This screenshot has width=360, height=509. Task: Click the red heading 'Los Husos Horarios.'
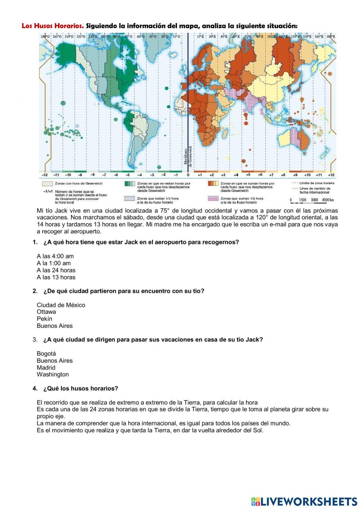pyautogui.click(x=53, y=26)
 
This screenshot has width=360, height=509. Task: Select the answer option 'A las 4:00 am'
pyautogui.click(x=55, y=256)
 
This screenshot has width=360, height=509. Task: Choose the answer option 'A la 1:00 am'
pyautogui.click(x=54, y=263)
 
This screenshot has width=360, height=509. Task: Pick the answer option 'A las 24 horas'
pyautogui.click(x=56, y=270)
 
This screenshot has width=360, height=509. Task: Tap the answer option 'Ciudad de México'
pyautogui.click(x=61, y=305)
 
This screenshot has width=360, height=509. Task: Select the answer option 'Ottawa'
pyautogui.click(x=46, y=312)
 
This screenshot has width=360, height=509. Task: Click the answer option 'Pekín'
pyautogui.click(x=44, y=319)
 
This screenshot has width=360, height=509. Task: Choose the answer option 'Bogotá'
pyautogui.click(x=46, y=354)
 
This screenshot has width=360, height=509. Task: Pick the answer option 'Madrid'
pyautogui.click(x=46, y=368)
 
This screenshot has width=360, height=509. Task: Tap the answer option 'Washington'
pyautogui.click(x=53, y=375)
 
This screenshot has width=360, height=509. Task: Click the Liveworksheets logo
pyautogui.click(x=304, y=501)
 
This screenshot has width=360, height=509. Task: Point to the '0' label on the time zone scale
pyautogui.click(x=188, y=175)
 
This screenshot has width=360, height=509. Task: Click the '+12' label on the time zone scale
pyautogui.click(x=331, y=175)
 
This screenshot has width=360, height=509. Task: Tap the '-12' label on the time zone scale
pyautogui.click(x=44, y=175)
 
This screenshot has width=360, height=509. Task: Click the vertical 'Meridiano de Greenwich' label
pyautogui.click(x=188, y=156)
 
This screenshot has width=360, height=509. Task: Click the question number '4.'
pyautogui.click(x=35, y=388)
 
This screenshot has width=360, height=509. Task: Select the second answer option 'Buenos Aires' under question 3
pyautogui.click(x=54, y=361)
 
